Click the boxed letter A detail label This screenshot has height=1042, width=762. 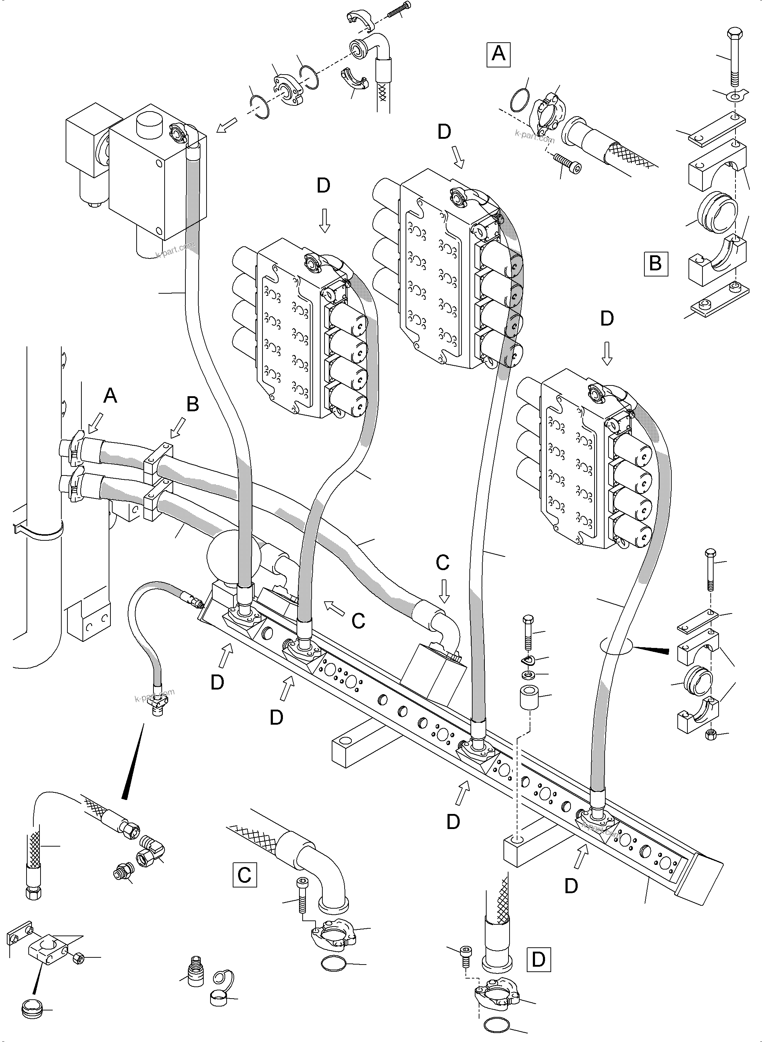(x=499, y=55)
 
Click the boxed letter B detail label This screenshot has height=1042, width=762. (x=655, y=264)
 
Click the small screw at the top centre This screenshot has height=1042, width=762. (x=399, y=10)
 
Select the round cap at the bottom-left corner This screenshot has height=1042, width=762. (x=32, y=1008)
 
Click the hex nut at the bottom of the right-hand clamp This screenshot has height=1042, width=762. (x=710, y=734)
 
